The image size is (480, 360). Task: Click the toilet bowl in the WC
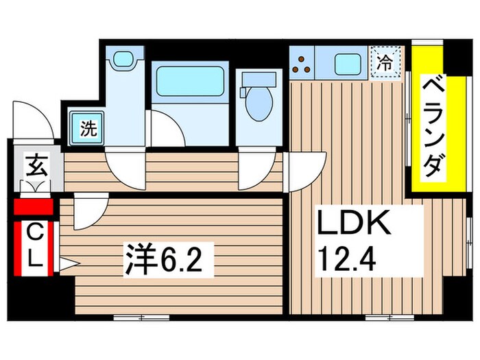[259, 104]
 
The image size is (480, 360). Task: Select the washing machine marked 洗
[88, 128]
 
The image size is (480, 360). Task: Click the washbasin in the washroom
[125, 59]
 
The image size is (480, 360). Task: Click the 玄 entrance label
[37, 167]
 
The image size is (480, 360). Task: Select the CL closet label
[35, 248]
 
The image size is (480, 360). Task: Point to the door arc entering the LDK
[307, 171]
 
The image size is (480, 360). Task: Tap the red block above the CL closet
[34, 207]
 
